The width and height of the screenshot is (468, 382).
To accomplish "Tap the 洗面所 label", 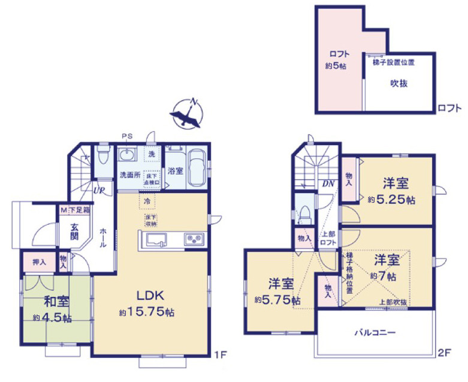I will pos(129,176).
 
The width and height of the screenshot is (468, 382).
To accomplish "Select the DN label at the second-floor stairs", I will pos(329,184).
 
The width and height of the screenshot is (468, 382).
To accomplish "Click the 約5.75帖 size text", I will pos(277,300).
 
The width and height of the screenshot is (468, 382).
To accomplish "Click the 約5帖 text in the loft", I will pos(336,65).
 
